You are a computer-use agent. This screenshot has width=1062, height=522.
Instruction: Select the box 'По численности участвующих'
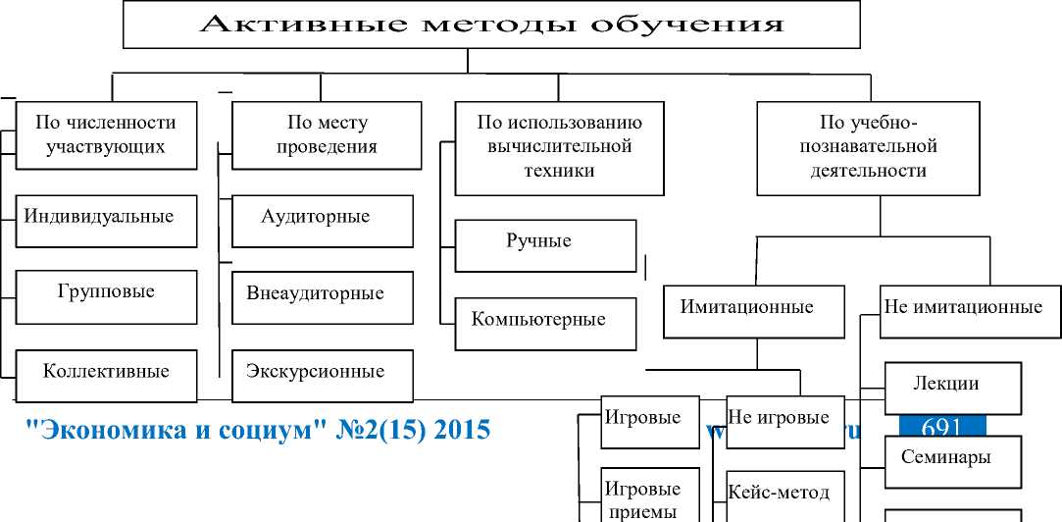pos(106,135)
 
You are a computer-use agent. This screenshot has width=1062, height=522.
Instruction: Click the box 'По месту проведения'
pos(323,135)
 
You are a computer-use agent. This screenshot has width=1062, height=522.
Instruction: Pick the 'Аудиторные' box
pos(323,219)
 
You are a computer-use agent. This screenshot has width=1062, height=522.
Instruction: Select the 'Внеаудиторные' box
pos(323,295)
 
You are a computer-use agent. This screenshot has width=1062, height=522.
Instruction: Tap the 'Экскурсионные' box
pos(323,374)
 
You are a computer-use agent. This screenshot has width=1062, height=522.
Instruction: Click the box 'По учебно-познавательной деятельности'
pos(868,147)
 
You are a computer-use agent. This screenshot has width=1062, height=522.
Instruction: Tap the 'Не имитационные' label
pos(962,307)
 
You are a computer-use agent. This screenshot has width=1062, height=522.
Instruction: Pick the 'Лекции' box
pos(953,386)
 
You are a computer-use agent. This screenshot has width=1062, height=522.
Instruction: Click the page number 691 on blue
pos(940,426)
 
